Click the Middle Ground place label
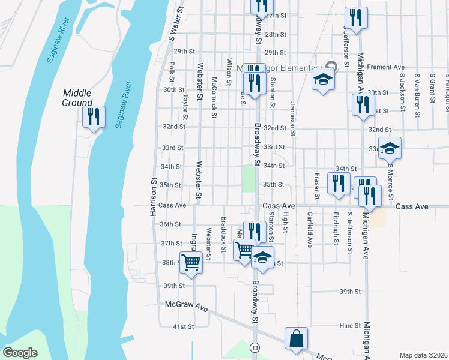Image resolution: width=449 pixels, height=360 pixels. pos(78,97)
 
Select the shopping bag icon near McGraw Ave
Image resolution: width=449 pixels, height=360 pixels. pos(296,338)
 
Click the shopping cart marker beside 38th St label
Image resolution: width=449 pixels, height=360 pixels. pos(191,262)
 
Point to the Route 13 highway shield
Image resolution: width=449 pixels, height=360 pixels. pos(256,348)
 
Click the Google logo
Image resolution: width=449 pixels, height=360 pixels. pos(20,353)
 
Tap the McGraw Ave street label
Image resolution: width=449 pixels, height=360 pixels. pos(187,306)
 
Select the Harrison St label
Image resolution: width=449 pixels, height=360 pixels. pos(154,189)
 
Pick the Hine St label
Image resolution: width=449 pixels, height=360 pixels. pos(349,325)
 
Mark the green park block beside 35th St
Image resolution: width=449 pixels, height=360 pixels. pos(248,179)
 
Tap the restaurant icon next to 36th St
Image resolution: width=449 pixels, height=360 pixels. pos(255,231)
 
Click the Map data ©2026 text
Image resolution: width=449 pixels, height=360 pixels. pos(423,355)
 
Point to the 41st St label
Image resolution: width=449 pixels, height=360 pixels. pos(184,326)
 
